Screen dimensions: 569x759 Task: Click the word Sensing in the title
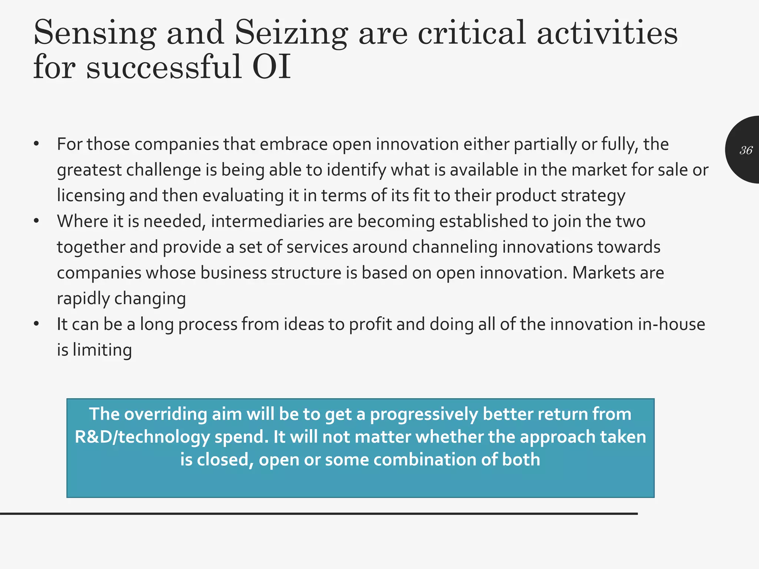click(95, 33)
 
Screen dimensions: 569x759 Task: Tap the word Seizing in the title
click(291, 33)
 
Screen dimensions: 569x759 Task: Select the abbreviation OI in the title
click(271, 67)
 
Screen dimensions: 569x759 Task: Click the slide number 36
click(746, 150)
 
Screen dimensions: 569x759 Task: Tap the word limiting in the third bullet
click(102, 350)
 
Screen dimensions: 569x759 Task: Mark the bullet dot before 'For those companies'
click(36, 144)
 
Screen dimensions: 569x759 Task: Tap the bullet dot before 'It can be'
click(36, 325)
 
